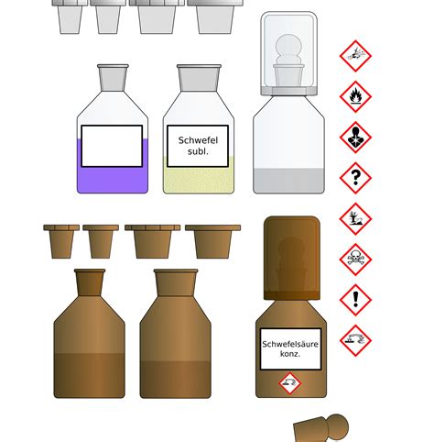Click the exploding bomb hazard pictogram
point(355,56)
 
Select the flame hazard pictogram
point(355,96)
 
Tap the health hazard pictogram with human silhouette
point(355,138)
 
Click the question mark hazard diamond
point(355,178)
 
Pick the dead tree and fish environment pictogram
point(355,219)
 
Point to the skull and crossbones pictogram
point(355,260)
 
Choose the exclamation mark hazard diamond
point(355,300)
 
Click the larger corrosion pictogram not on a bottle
point(355,341)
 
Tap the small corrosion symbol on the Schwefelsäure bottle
point(289,382)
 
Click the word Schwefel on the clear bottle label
point(198,140)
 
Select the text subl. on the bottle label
point(198,152)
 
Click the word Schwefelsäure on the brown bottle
point(290,345)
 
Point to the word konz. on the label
point(290,356)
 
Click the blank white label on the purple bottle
point(112,146)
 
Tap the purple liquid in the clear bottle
point(112,179)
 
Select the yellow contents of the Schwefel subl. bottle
point(199,179)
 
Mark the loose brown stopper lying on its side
point(321,428)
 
